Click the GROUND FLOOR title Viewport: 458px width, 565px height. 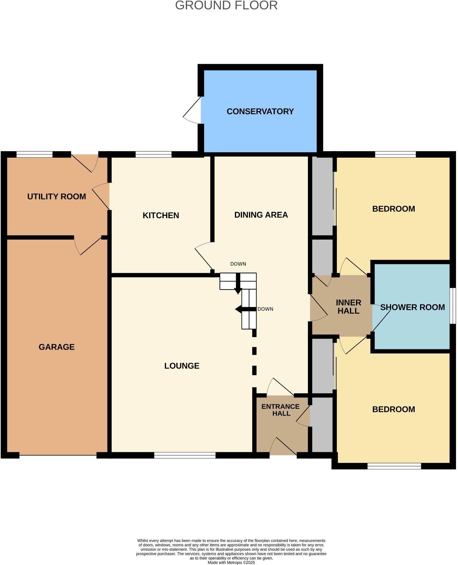[226, 6]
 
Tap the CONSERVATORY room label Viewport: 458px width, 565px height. [260, 111]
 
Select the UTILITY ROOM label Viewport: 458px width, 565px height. [57, 196]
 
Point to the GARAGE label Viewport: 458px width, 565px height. [57, 347]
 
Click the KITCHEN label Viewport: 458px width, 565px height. [161, 215]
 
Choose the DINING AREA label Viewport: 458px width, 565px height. [261, 215]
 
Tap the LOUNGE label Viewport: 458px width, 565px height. [182, 366]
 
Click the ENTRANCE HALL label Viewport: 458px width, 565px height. [281, 410]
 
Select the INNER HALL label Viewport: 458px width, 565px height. [348, 307]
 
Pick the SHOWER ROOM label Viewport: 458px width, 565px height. [412, 307]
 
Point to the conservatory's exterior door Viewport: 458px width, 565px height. [192, 111]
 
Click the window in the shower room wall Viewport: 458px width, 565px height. [453, 306]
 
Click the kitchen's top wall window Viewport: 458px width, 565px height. [153, 155]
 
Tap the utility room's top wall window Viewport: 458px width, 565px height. [34, 155]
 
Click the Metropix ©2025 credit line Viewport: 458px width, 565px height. [231, 562]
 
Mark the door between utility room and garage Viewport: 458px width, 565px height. [88, 246]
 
